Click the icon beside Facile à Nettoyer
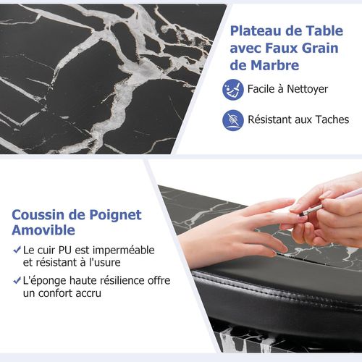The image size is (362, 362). tap(232, 90)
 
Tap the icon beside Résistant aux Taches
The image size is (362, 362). tap(232, 119)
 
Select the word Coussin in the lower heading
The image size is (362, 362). tap(41, 215)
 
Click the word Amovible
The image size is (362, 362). tap(43, 232)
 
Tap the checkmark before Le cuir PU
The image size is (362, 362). tap(16, 250)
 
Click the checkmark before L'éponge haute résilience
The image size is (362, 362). tap(16, 279)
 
